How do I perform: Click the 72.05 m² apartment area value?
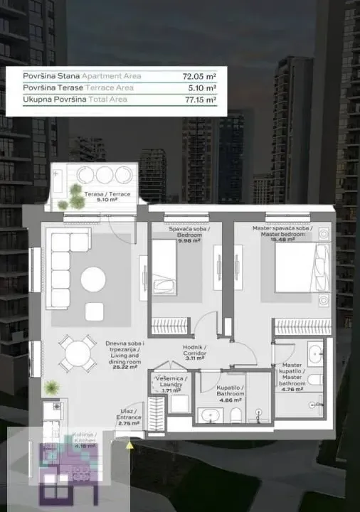[201, 76]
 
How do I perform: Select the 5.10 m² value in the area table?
[202, 88]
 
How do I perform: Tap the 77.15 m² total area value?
[201, 100]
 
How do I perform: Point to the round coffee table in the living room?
[93, 279]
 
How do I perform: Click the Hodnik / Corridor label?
[194, 353]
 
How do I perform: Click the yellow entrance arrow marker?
[129, 446]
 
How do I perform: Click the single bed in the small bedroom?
[164, 267]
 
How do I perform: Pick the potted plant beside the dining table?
[51, 388]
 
